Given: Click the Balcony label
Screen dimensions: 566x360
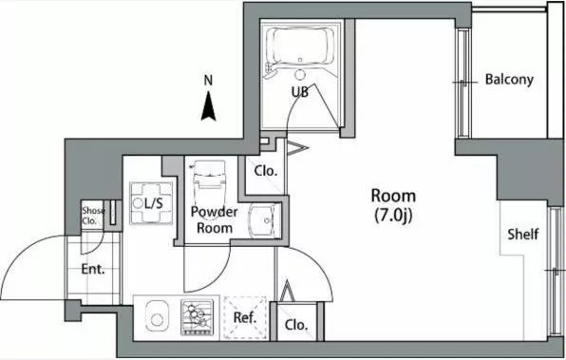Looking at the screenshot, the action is tap(509, 80).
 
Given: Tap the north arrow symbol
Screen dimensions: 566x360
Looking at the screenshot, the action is tap(208, 106).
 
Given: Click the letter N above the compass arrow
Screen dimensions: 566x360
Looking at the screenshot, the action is tap(208, 80).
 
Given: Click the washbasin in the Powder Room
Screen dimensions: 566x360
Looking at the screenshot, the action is tap(265, 220).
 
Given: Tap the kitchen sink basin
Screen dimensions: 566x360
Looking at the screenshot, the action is tap(157, 315).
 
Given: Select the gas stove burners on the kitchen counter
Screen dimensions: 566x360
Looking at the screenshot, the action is tap(198, 317).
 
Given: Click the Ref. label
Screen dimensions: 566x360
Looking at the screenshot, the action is tap(245, 318).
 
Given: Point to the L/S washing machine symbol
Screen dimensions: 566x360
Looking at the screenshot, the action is tap(151, 203).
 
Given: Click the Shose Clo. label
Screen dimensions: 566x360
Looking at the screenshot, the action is tap(93, 216).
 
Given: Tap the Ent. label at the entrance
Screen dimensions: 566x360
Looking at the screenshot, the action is tap(93, 270).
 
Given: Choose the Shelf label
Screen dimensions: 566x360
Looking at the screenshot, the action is tap(523, 235).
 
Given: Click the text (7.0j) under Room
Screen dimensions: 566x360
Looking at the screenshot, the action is tap(393, 216).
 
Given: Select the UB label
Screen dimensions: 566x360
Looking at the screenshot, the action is tap(300, 92).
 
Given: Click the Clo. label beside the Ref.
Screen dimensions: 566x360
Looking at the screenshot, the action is tap(296, 325).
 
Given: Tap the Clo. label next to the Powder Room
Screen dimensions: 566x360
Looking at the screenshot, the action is tap(266, 171).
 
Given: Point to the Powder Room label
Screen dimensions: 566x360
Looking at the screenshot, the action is tap(214, 220).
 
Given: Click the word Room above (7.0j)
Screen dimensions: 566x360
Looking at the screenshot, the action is tap(393, 196).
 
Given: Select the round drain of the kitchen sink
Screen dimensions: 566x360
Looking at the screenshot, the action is tap(157, 319).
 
